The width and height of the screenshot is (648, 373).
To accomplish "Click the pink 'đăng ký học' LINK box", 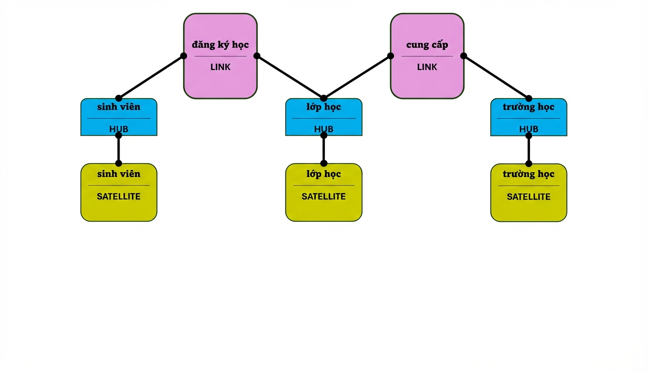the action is [220, 56].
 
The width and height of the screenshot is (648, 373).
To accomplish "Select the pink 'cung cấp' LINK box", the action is [427, 56].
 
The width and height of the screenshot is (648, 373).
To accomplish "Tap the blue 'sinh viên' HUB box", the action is [119, 117].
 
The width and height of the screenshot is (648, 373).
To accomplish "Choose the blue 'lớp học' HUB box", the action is [324, 117].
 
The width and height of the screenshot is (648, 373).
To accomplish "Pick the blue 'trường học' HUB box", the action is [529, 117].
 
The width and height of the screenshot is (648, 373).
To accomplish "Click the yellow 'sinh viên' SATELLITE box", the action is [119, 192].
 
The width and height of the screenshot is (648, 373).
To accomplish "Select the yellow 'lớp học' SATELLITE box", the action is [324, 192].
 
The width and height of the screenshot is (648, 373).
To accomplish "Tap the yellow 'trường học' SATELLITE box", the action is [529, 193].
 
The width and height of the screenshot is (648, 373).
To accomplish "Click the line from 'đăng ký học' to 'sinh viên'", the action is [151, 77].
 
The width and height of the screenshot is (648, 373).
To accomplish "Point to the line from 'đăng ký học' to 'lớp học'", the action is [290, 77].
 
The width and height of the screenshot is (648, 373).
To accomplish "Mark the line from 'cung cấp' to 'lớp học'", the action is [357, 77].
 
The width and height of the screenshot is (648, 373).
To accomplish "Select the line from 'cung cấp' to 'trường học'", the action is [496, 77].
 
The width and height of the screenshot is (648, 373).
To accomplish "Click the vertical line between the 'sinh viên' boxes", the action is [119, 149].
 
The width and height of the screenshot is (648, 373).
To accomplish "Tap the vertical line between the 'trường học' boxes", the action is [529, 150].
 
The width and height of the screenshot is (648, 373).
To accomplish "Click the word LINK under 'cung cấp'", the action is [427, 67].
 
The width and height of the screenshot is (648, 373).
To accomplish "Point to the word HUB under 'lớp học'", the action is [324, 129].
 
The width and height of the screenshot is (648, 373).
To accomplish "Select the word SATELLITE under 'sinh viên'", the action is [119, 196].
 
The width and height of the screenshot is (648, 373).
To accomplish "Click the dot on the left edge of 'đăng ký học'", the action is [183, 56].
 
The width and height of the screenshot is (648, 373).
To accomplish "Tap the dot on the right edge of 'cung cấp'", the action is [464, 56].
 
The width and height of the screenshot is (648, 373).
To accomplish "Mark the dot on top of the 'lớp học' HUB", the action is [324, 98].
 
